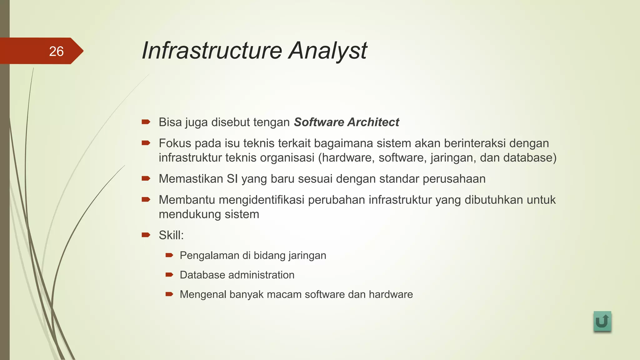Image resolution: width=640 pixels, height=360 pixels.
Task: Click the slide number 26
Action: point(56,51)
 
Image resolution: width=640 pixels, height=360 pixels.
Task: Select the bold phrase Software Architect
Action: point(346,122)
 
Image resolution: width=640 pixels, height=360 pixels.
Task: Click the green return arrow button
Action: point(602,321)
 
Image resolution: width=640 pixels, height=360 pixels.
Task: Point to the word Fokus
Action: point(175,143)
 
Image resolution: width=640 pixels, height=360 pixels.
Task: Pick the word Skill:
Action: point(171,235)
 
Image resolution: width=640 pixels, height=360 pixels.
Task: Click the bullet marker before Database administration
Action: point(169,275)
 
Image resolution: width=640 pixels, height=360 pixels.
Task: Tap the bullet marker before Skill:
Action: point(146,235)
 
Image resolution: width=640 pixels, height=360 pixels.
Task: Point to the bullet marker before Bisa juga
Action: point(146,122)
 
